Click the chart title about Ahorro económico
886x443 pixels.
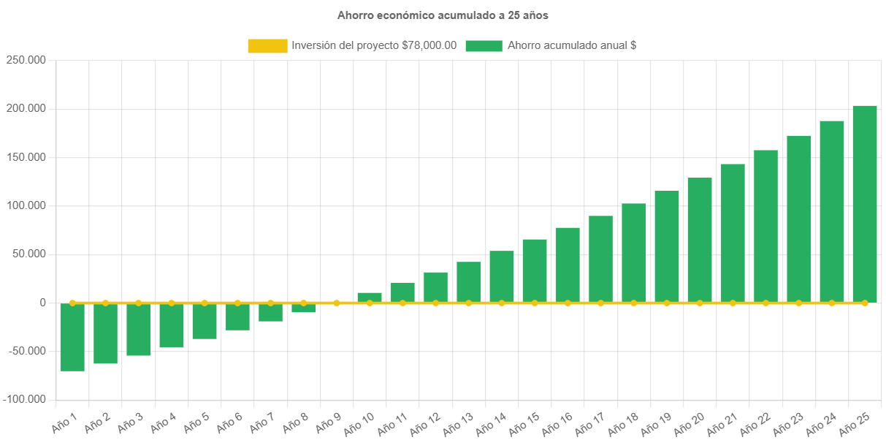click(443, 15)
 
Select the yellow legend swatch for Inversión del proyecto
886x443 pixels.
click(267, 46)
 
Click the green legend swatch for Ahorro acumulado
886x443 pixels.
click(484, 46)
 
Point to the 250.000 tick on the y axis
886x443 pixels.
click(26, 60)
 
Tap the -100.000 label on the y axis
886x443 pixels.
click(25, 399)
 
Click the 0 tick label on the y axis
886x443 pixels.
click(43, 303)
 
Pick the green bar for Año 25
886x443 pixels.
click(865, 204)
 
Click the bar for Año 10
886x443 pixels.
click(370, 298)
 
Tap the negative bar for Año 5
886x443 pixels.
click(205, 322)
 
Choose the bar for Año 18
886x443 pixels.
click(634, 253)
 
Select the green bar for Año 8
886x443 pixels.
click(303, 308)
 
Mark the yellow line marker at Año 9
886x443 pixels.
click(337, 303)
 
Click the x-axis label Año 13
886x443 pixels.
click(458, 423)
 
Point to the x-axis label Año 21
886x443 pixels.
click(722, 423)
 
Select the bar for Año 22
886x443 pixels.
click(765, 227)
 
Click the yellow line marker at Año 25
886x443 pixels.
click(865, 303)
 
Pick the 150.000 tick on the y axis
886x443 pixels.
click(26, 157)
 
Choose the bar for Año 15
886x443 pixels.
click(535, 270)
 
